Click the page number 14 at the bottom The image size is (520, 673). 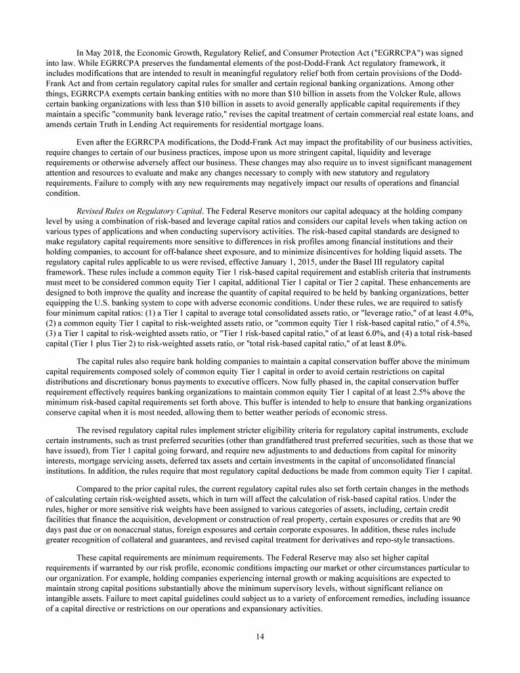click(x=260, y=636)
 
